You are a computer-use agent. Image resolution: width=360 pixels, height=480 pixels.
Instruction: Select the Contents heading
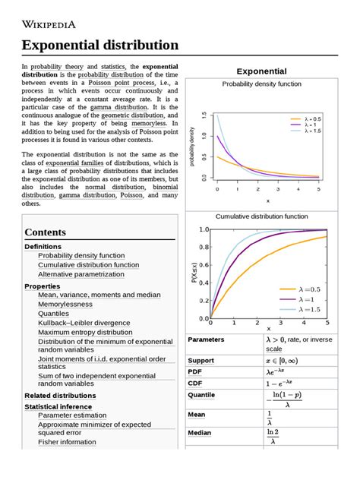tap(50, 231)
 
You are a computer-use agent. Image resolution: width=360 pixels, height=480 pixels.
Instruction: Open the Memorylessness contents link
tap(76, 304)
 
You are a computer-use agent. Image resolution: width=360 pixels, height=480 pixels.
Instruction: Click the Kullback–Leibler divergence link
tap(84, 323)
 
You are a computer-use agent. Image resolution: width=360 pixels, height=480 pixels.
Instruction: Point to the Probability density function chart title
tap(272, 84)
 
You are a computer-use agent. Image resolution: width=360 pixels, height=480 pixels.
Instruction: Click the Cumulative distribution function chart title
tap(272, 216)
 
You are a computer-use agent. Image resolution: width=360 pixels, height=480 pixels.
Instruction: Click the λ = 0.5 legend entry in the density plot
tap(311, 119)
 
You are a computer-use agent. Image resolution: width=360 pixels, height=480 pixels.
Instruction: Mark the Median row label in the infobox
tap(202, 433)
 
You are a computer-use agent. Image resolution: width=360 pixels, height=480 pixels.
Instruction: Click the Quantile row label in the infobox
tap(204, 395)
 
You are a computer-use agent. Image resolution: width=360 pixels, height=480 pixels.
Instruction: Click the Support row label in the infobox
tap(204, 359)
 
